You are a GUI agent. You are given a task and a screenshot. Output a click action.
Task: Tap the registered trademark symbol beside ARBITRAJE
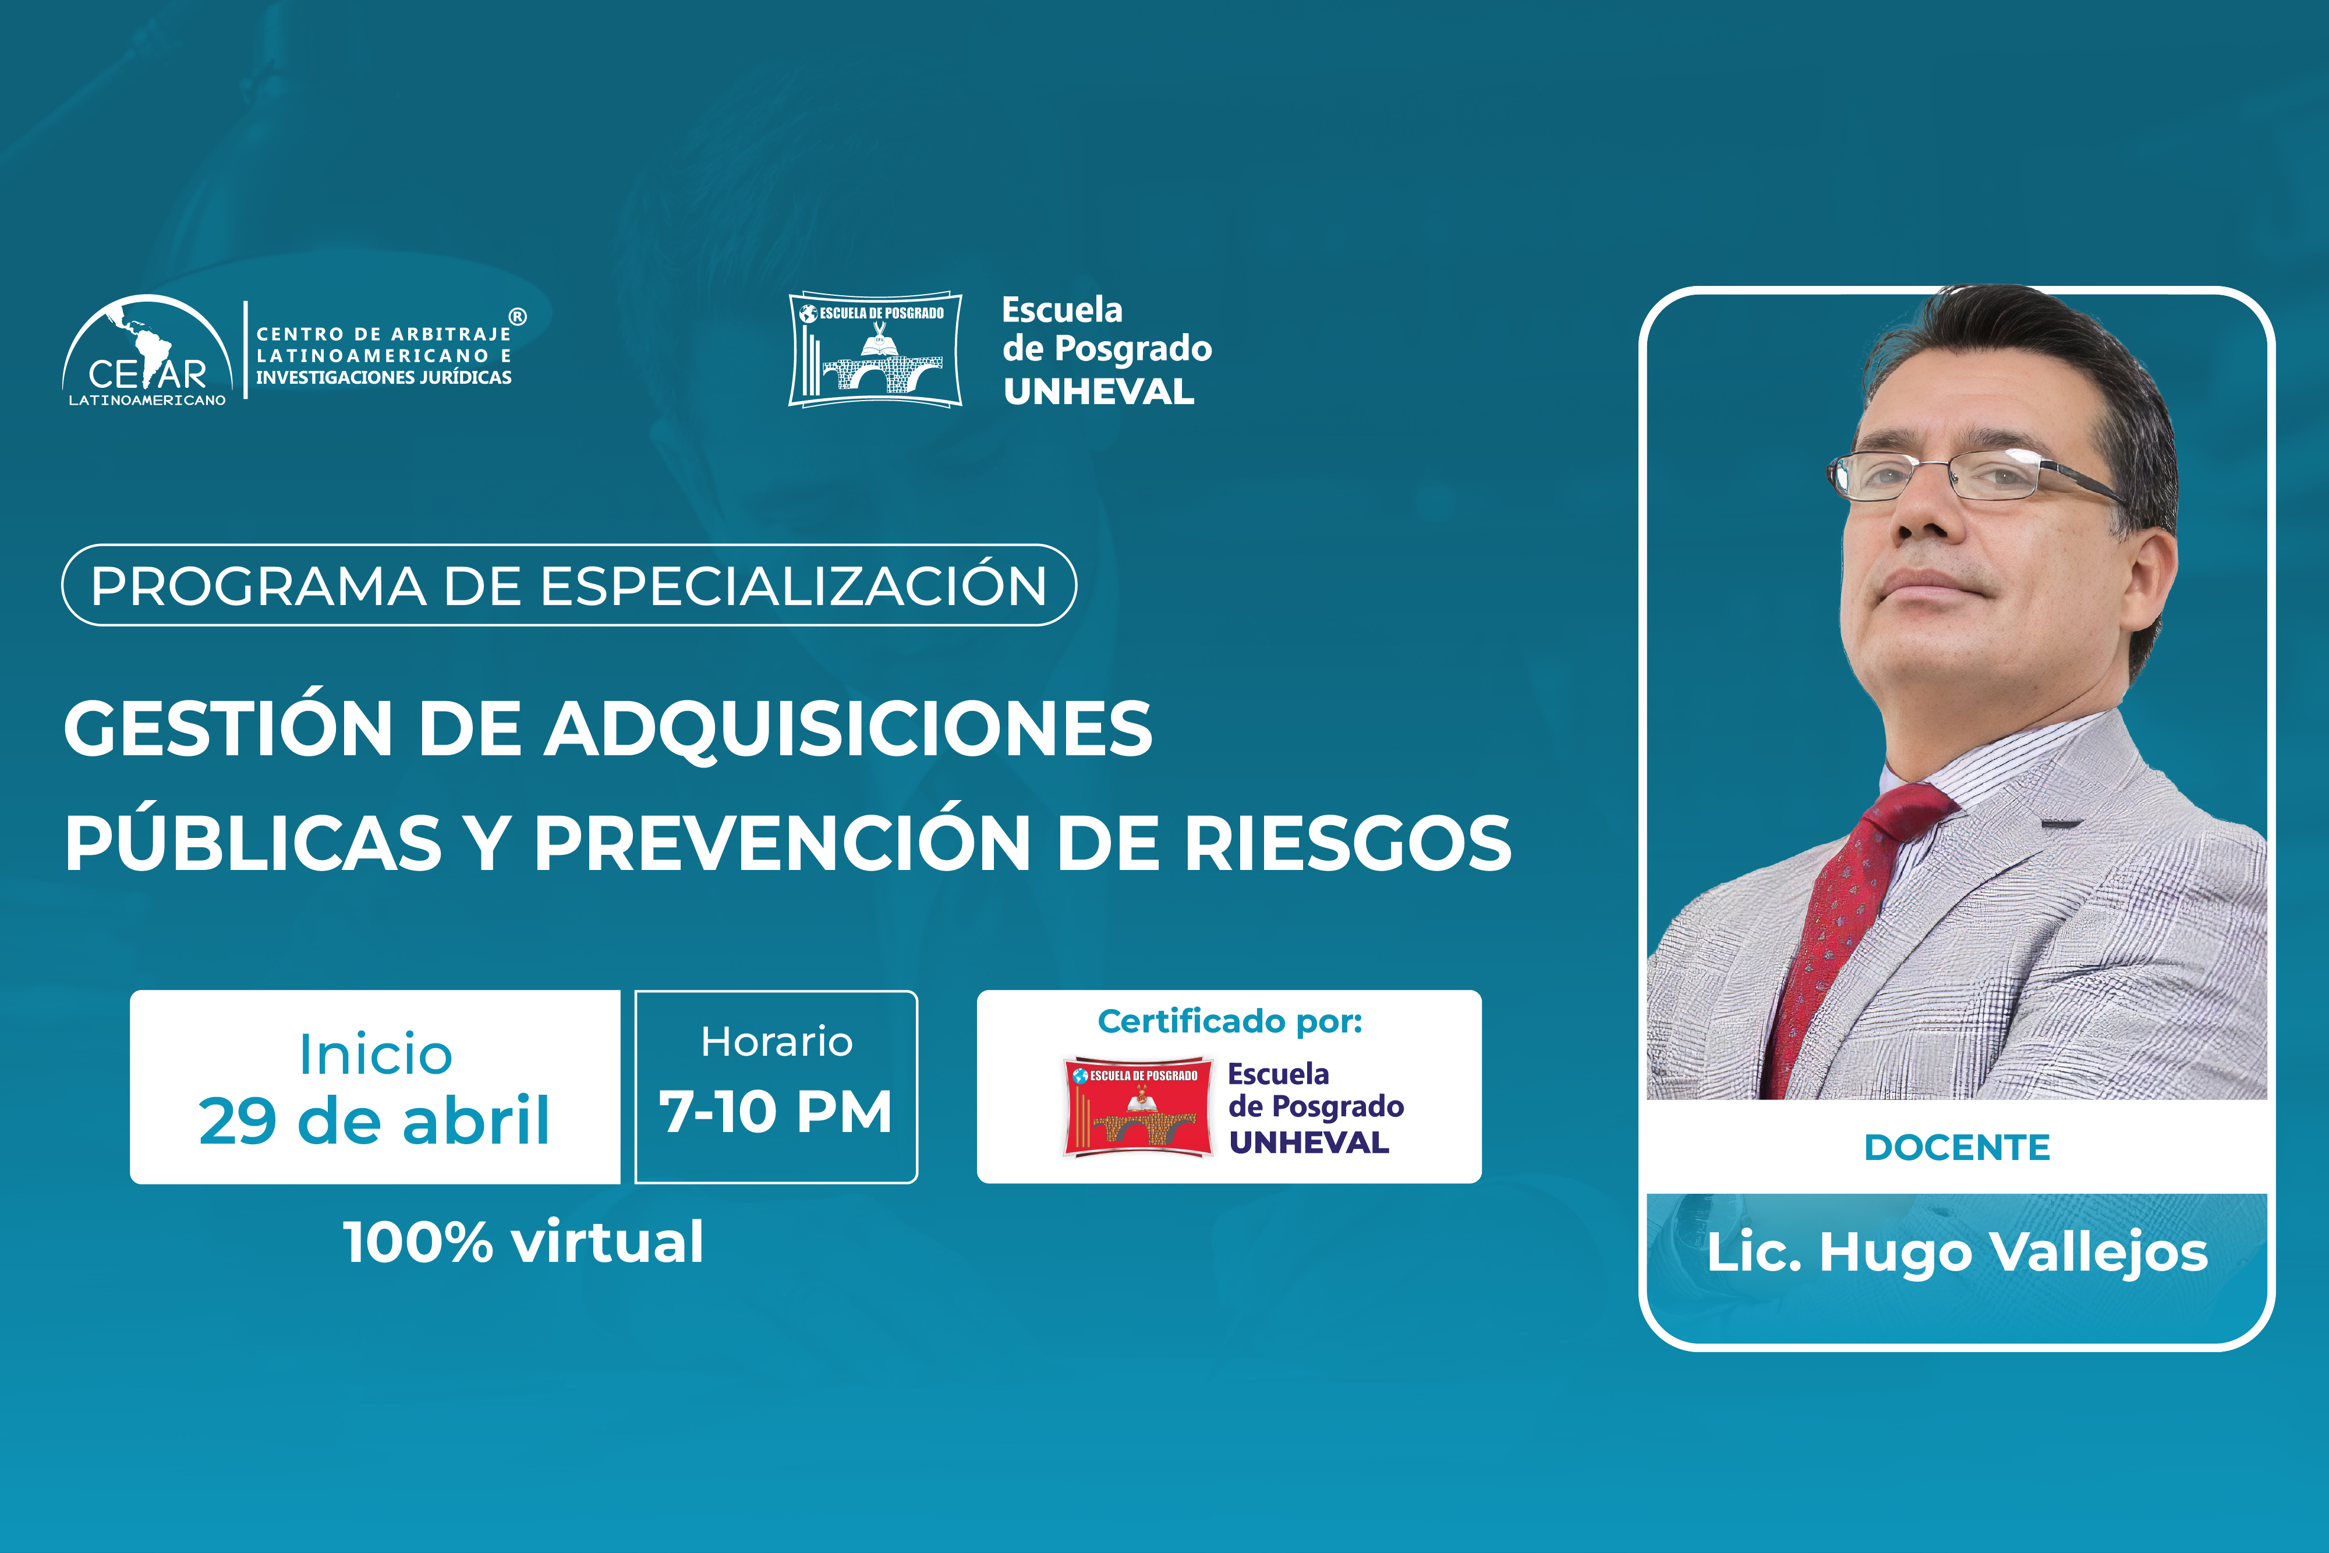tap(518, 317)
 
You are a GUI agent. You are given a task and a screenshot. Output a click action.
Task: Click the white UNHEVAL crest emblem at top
tap(875, 349)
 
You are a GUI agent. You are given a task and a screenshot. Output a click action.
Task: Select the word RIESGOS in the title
tap(1348, 844)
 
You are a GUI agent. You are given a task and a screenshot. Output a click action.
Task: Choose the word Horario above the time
tap(776, 1041)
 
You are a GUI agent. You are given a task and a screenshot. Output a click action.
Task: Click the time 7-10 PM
tap(776, 1111)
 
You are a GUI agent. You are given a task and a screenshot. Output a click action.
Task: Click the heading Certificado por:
tap(1230, 1021)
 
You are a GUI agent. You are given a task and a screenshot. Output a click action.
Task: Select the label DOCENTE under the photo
tap(1957, 1147)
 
